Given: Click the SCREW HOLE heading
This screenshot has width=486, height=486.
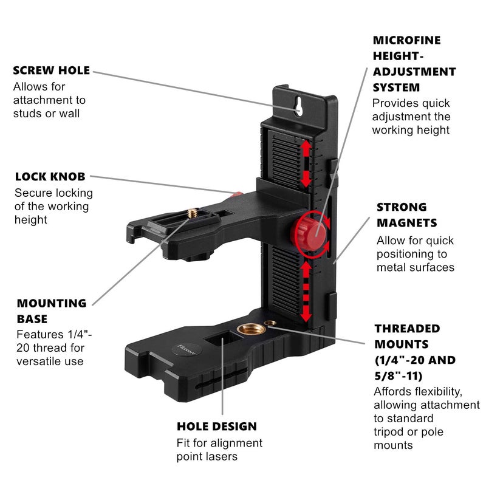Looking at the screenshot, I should coord(51,70).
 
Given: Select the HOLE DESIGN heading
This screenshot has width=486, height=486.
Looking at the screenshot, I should coord(216,426).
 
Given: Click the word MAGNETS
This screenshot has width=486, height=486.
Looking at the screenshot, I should coord(406,223).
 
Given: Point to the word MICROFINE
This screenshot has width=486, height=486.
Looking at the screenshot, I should coord(406,41).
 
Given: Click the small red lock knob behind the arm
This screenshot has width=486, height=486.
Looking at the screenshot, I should coord(237,195).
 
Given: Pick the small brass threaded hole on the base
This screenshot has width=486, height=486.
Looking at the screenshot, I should coord(269,322).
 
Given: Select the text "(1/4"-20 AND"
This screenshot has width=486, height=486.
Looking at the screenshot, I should coord(414,360).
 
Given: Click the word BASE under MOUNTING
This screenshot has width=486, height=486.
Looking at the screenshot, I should coord(32,319).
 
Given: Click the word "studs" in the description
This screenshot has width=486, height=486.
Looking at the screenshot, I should coord(28,114).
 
